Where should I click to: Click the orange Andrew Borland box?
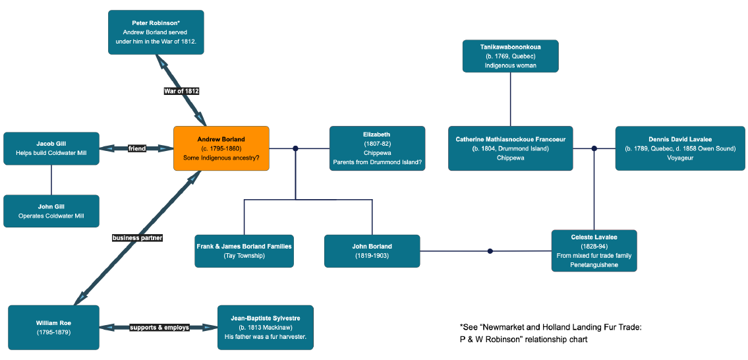coord(221,148)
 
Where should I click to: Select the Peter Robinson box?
coord(156,32)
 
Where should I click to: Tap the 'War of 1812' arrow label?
coord(181,91)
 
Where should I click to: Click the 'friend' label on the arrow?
coord(136,148)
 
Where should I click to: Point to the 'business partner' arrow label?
coord(137,237)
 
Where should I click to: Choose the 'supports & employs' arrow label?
coord(159,327)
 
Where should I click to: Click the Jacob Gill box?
coord(51,148)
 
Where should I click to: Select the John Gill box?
coord(51,211)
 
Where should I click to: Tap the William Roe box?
coord(53,327)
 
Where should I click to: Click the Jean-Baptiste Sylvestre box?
coord(265,327)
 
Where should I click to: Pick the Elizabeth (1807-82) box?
coord(377,148)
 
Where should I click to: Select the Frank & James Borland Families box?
coord(244,251)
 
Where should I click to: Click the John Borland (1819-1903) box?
coord(372,251)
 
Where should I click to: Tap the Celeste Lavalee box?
coord(594,251)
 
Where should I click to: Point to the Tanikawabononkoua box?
coord(510,56)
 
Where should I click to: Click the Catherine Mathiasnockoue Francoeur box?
coord(510,148)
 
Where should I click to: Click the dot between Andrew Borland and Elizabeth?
coord(295,148)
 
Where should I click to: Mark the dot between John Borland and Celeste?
coord(490,251)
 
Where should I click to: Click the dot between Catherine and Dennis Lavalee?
coord(594,148)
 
